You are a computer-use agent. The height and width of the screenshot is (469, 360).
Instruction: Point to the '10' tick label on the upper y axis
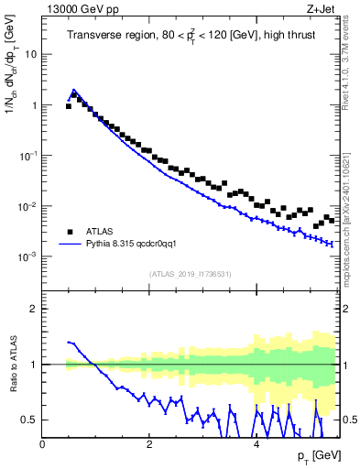[30, 54]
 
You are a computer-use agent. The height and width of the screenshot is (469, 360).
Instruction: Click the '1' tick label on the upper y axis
[34, 105]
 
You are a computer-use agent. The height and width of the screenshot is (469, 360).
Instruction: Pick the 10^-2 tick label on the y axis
[28, 206]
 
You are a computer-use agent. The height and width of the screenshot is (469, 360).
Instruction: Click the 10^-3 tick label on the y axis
[28, 257]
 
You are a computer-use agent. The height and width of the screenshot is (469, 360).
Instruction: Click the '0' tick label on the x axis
[43, 443]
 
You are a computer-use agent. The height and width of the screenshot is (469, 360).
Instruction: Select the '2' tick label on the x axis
[148, 443]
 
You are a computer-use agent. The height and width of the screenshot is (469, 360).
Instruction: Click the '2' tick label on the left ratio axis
[34, 309]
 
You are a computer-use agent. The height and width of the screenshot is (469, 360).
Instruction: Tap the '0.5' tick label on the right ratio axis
[349, 420]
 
